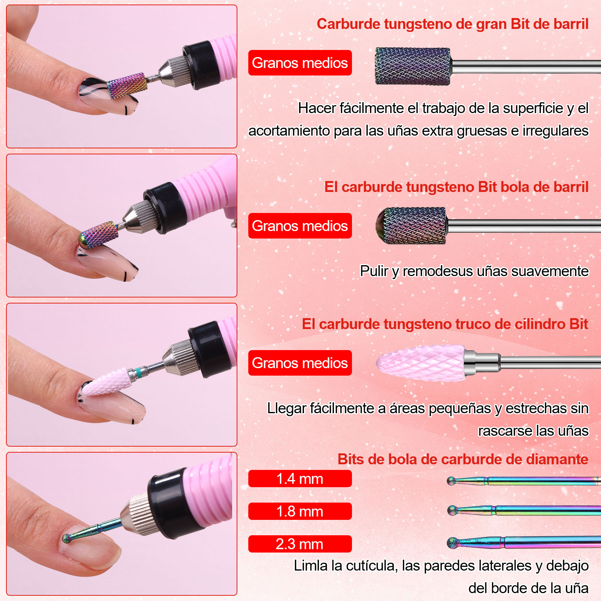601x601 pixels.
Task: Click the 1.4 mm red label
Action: coord(300,479)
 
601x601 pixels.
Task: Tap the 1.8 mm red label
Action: coord(300,511)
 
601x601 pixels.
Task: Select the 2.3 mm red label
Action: coord(300,544)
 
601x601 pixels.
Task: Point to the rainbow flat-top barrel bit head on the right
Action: coord(413,66)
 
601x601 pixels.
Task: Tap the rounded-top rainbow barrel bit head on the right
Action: coord(411,226)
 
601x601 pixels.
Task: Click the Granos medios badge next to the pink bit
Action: coord(300,363)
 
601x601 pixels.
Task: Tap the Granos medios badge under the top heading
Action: coord(300,63)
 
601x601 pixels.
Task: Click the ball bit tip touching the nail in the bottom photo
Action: coord(67,538)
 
